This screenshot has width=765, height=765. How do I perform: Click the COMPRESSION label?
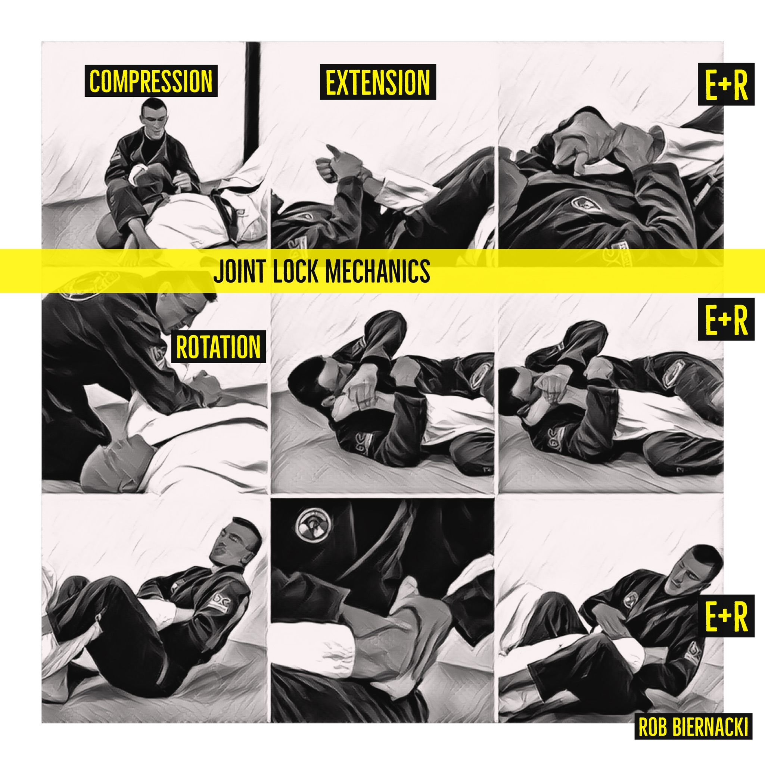151,81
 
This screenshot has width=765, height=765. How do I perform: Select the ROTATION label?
218,346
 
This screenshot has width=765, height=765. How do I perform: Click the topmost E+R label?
726,84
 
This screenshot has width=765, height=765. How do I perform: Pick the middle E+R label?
726,320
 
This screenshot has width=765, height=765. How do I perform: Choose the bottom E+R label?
726,616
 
